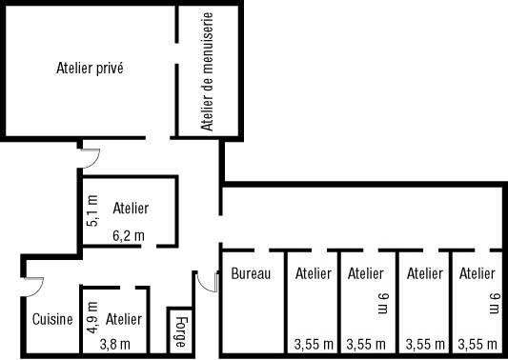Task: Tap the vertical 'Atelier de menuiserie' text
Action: point(206,72)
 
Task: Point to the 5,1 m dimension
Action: point(91,210)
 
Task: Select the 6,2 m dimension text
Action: point(128,235)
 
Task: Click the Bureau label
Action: point(252,274)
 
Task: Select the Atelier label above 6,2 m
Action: point(131,208)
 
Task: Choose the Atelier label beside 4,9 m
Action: point(124,319)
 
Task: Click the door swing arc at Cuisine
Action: point(33,284)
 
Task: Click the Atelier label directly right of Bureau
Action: point(314,274)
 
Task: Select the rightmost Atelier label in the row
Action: point(478,274)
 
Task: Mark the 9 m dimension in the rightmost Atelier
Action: point(493,303)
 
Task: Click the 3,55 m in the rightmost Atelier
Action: point(477,344)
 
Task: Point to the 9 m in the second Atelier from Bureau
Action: point(383,303)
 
